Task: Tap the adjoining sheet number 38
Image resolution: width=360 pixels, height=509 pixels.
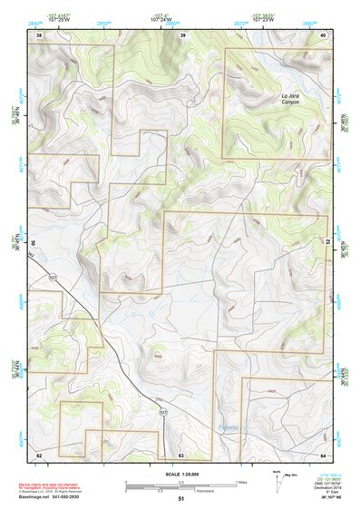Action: pyautogui.click(x=39, y=34)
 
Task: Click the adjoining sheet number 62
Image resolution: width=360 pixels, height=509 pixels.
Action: pyautogui.click(x=39, y=454)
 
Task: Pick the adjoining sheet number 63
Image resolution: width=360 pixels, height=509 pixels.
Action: pyautogui.click(x=181, y=454)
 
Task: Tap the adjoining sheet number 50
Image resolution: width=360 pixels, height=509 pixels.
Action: pyautogui.click(x=34, y=243)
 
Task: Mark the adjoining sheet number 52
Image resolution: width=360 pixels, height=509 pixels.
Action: pyautogui.click(x=328, y=243)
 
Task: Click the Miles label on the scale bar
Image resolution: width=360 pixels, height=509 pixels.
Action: pyautogui.click(x=241, y=482)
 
